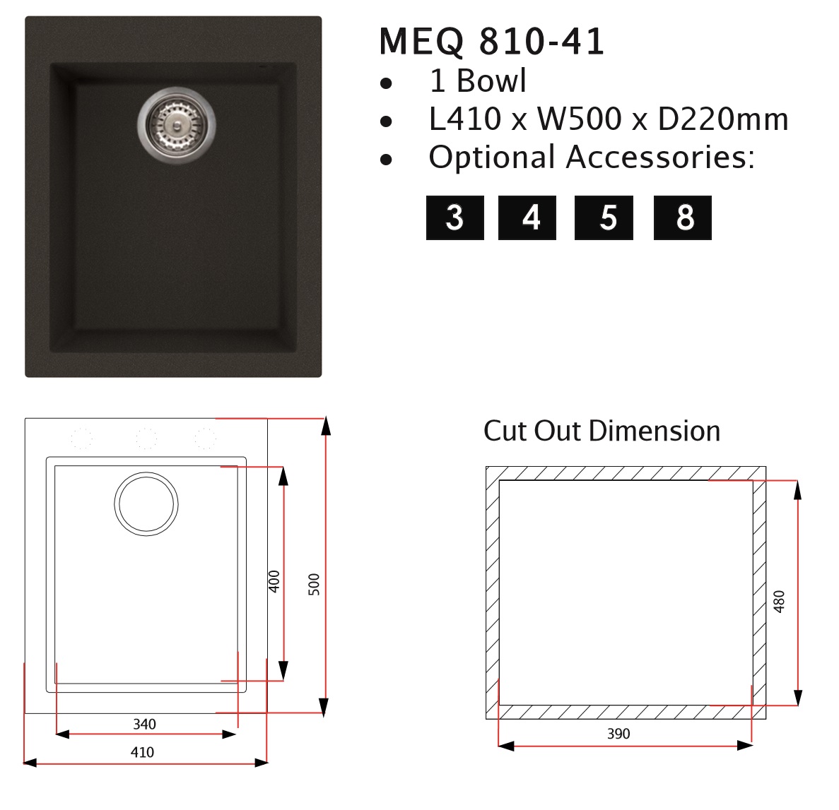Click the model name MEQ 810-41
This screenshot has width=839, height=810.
pyautogui.click(x=492, y=41)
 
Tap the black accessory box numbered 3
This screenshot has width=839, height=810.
pyautogui.click(x=454, y=218)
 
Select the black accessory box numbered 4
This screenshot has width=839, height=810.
pyautogui.click(x=527, y=218)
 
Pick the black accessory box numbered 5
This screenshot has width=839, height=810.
pyautogui.click(x=604, y=218)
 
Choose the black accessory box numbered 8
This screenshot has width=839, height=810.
pyautogui.click(x=683, y=218)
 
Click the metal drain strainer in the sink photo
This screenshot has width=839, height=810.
pyautogui.click(x=177, y=125)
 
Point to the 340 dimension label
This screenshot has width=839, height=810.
pyautogui.click(x=144, y=724)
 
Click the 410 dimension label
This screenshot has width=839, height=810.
pyautogui.click(x=142, y=752)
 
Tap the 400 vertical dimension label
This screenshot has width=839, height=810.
pyautogui.click(x=274, y=581)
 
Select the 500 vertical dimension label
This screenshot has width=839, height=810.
pyautogui.click(x=314, y=585)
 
